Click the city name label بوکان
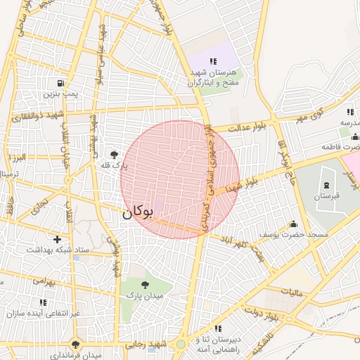tap(137, 212)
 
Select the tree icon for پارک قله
tap(113, 155)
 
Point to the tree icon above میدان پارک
tap(145, 285)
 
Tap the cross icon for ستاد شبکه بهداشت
tap(58, 239)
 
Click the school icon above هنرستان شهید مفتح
tap(213, 62)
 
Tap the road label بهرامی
tap(44, 281)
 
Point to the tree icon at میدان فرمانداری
tap(75, 345)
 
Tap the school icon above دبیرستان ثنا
tap(218, 328)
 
